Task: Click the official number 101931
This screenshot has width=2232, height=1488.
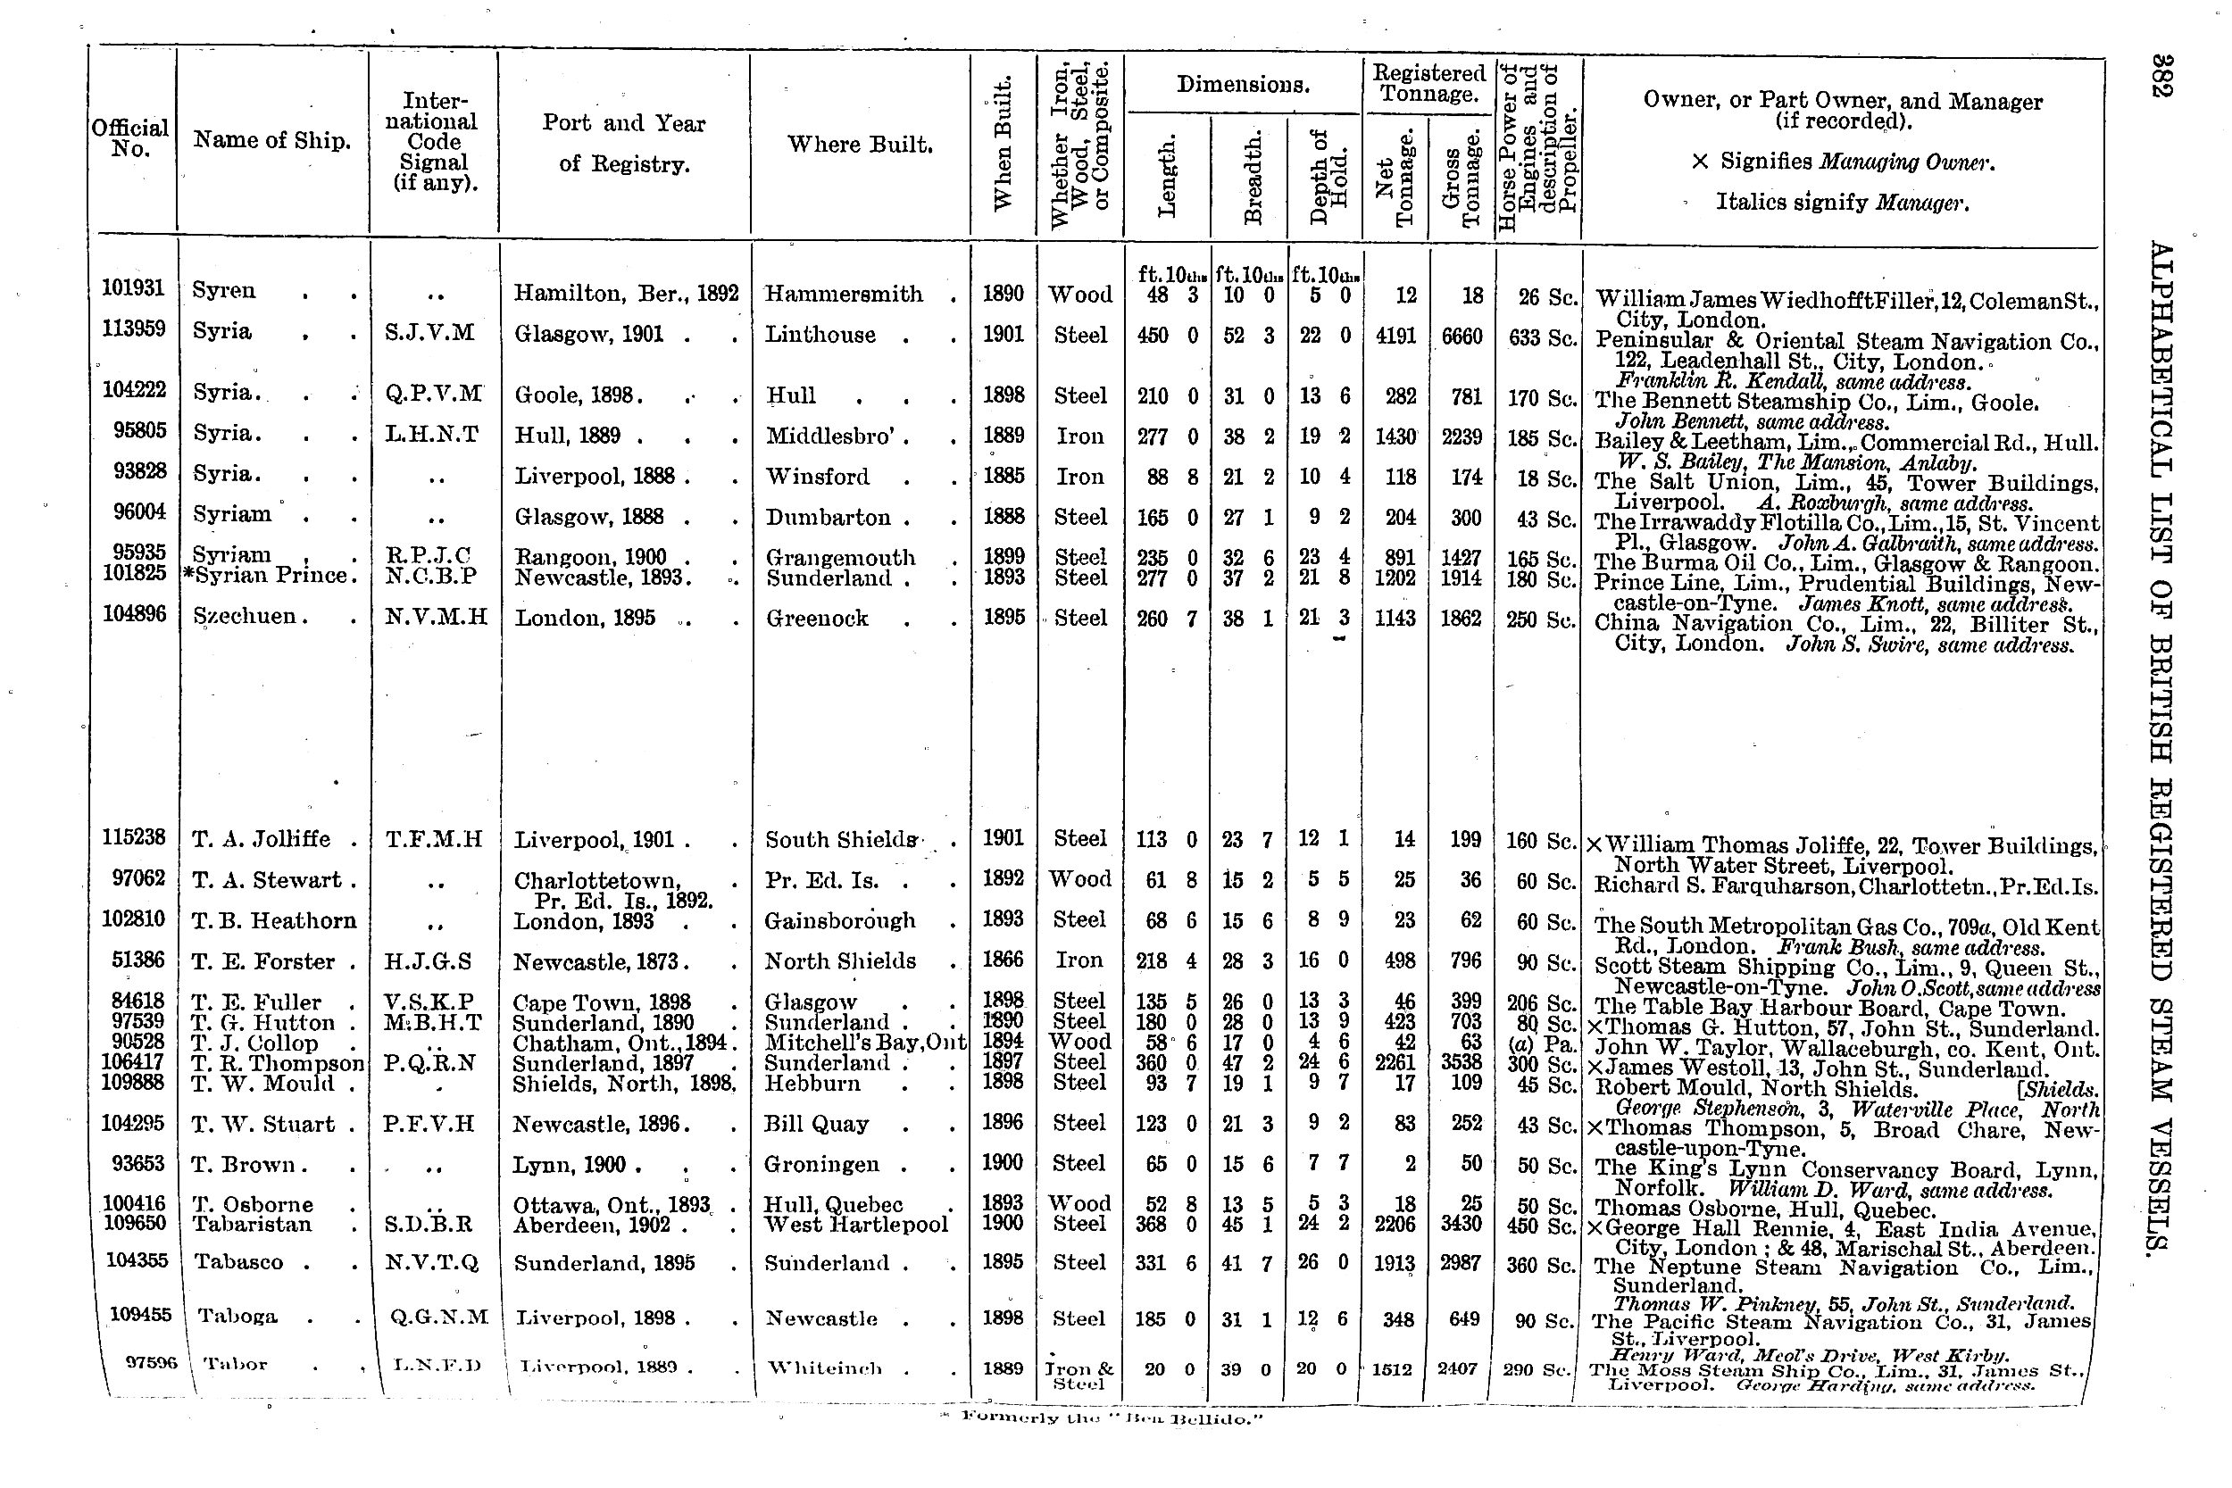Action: pos(132,287)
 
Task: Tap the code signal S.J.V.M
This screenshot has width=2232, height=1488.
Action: pos(430,333)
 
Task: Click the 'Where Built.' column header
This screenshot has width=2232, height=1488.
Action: pos(859,145)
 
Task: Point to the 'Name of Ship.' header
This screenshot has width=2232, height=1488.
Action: pos(271,140)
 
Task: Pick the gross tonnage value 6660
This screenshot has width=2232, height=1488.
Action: pos(1460,337)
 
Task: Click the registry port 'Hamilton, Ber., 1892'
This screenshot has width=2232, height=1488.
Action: pos(625,294)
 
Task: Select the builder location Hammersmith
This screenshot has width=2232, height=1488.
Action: pos(843,295)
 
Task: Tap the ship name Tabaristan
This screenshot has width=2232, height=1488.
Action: pos(252,1224)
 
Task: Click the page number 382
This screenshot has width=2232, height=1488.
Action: pos(2160,75)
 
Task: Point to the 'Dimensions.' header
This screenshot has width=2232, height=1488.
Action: pos(1242,85)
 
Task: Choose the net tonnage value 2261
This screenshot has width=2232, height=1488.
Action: pos(1394,1062)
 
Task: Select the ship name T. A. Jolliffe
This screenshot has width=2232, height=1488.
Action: pos(260,839)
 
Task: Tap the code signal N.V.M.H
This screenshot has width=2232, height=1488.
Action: pos(436,618)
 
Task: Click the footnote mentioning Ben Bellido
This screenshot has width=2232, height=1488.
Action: pos(1112,1418)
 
